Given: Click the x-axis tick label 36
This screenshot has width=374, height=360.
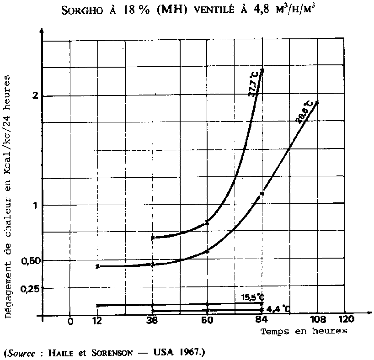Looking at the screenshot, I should point(152,321).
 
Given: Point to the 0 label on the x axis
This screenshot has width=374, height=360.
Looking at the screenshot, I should point(70,321).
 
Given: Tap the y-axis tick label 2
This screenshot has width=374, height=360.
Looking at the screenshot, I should point(34,96).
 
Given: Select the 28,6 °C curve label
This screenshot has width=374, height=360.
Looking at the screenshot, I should point(304,112).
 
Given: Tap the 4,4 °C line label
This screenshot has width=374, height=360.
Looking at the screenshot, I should point(278,308).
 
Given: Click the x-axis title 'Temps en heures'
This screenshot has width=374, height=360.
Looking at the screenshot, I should point(304,331).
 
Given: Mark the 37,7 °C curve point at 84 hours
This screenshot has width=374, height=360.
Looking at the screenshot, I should point(262,70).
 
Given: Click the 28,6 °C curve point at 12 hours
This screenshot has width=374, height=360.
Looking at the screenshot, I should point(97,266).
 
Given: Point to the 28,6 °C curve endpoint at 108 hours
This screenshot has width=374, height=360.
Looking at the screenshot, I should point(317,102).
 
